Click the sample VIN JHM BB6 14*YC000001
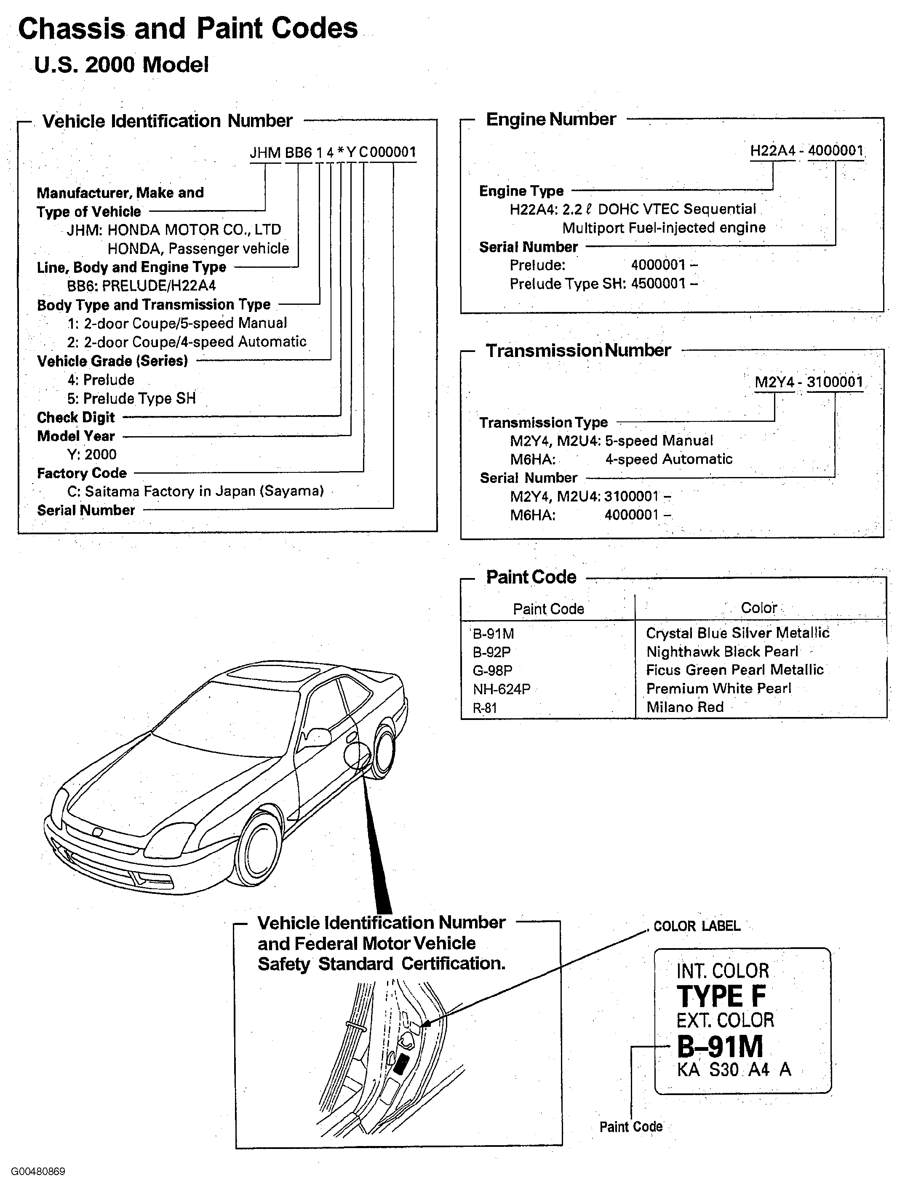click(333, 152)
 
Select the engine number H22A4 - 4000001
click(806, 151)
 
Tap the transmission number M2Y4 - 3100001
click(809, 382)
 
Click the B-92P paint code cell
click(491, 652)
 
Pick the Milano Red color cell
click(685, 707)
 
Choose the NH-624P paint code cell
click(501, 689)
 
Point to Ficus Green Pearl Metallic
click(734, 670)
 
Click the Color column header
click(759, 608)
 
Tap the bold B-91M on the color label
click(720, 1046)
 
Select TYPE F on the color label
click(721, 997)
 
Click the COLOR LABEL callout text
click(697, 926)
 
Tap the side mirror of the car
click(316, 737)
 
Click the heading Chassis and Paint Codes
click(188, 28)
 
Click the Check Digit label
click(76, 417)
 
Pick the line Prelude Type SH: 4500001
click(603, 284)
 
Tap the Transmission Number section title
click(578, 351)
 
